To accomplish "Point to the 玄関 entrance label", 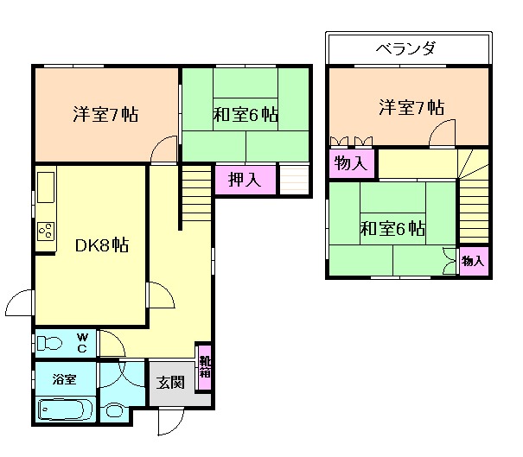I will [170, 383].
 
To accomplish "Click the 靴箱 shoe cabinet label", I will [204, 367].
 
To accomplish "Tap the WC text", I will [82, 342].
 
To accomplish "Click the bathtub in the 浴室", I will [66, 409].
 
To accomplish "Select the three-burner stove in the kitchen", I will [46, 231].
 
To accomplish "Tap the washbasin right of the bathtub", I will [113, 410].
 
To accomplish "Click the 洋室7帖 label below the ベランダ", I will [411, 108].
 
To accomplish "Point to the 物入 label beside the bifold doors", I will [350, 162].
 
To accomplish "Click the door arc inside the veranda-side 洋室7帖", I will [443, 132].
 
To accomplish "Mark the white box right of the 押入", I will [294, 179].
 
